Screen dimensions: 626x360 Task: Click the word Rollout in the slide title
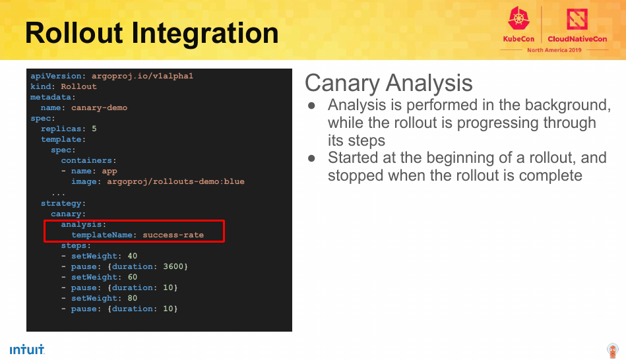(x=74, y=33)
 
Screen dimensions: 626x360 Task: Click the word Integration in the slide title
(x=204, y=34)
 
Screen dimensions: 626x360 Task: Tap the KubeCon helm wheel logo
(x=518, y=18)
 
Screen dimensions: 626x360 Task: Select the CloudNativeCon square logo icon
(x=577, y=18)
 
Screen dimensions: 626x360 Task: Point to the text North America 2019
(x=554, y=50)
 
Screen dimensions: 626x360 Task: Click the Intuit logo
(x=27, y=349)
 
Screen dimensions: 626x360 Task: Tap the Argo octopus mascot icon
(x=612, y=350)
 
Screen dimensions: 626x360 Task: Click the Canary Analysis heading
(x=389, y=83)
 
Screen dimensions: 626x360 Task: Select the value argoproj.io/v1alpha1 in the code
(x=142, y=76)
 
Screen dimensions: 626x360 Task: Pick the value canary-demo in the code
(x=100, y=107)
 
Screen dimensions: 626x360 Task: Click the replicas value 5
(x=94, y=129)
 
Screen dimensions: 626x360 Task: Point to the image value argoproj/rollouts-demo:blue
(x=175, y=181)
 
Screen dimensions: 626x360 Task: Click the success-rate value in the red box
(x=173, y=235)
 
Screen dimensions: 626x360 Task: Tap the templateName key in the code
(x=102, y=235)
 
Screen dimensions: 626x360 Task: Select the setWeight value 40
(x=132, y=256)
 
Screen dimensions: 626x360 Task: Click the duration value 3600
(x=173, y=266)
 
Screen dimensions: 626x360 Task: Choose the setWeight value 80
(x=132, y=298)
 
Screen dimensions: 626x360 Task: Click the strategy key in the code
(x=61, y=204)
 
